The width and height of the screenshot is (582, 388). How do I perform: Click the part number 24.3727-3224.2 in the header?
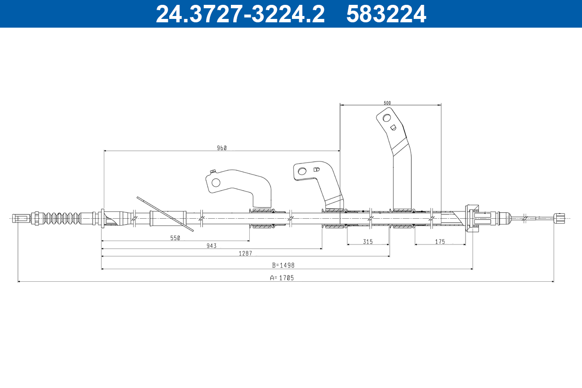point(240,14)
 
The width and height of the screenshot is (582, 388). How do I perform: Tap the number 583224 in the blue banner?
point(386,14)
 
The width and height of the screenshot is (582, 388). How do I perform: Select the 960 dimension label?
point(222,148)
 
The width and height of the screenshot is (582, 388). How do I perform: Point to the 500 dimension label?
point(387,103)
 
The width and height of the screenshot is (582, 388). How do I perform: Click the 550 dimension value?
point(175,238)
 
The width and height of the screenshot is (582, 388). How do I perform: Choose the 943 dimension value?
point(211,245)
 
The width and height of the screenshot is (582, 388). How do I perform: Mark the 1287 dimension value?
point(245,253)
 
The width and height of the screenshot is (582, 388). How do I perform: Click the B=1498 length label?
point(283,265)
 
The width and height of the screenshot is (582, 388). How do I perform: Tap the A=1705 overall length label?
point(282,278)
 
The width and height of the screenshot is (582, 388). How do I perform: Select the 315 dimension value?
point(368,242)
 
